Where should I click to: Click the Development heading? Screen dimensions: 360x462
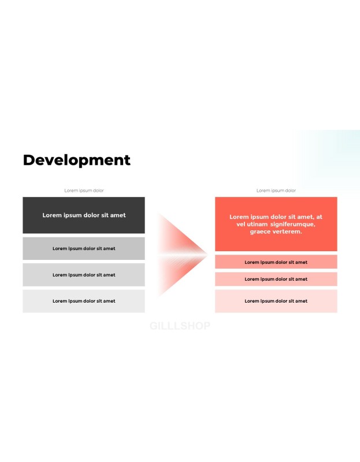(77, 161)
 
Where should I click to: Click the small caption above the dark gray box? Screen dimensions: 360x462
(84, 191)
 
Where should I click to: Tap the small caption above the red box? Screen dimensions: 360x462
(276, 191)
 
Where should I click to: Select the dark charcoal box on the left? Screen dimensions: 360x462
(84, 215)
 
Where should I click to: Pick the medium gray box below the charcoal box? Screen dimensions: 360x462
(84, 248)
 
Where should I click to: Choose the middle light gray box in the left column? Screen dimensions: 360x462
(84, 275)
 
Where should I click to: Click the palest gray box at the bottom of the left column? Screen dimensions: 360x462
(84, 301)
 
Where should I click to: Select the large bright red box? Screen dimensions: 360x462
(276, 224)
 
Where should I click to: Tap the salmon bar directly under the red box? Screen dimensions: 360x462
(276, 262)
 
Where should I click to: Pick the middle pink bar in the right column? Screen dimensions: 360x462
(276, 279)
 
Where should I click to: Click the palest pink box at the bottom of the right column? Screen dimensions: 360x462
(276, 301)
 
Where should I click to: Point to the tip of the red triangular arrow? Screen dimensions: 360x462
(207, 255)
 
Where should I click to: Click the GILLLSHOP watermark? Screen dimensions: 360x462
(180, 326)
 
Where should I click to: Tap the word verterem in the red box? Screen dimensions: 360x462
(284, 232)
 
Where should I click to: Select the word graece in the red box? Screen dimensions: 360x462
(257, 232)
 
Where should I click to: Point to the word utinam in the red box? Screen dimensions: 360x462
(257, 224)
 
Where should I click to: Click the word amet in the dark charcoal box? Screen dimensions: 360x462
(118, 215)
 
